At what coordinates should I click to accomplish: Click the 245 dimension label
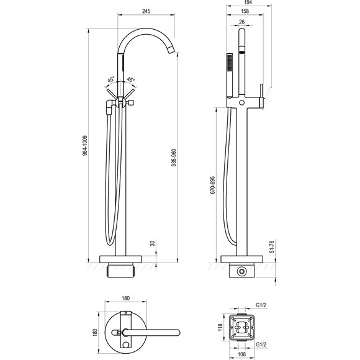pos(146,11)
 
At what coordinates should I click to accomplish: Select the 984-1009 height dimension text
pos(85,146)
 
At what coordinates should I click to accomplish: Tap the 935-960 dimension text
pos(174,158)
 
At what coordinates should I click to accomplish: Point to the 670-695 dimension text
pos(213,185)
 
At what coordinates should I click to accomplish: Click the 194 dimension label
pos(248,2)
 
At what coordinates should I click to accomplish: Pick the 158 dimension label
pos(245,11)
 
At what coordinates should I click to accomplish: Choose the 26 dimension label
pos(242,22)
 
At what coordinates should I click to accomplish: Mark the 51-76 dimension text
pos(272,246)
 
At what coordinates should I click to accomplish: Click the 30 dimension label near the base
pos(153,243)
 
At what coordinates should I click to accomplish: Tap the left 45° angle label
pos(111,79)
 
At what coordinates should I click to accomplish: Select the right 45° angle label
pos(130,79)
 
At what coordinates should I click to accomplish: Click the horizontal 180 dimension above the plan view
pos(125,298)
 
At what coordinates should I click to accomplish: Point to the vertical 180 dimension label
pos(95,333)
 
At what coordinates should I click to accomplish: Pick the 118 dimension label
pos(220,327)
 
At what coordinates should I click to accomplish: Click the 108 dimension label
pos(241,354)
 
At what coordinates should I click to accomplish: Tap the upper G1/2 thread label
pos(261,305)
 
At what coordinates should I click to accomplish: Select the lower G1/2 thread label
pos(261,344)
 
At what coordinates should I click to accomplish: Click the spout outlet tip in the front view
pos(172,50)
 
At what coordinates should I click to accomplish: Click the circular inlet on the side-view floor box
pos(241,271)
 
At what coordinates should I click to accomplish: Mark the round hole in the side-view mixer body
pos(241,102)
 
